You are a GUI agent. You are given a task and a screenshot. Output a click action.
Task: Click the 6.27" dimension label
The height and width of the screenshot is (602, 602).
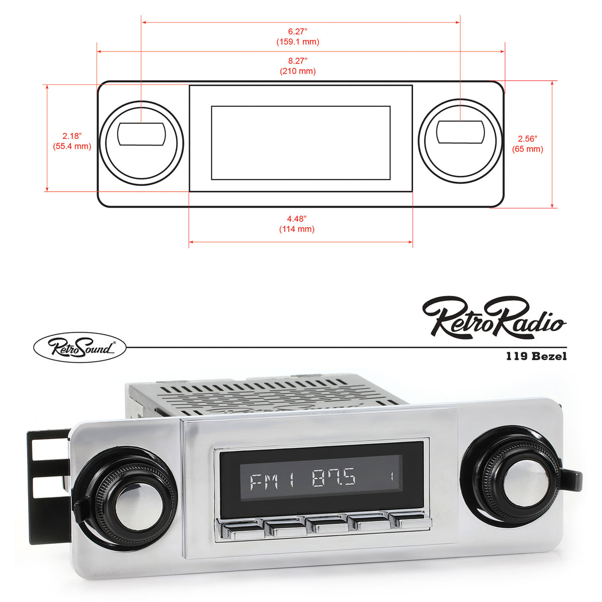coord(297,31)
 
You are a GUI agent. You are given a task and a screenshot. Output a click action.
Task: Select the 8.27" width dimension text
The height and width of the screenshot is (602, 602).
coord(297,61)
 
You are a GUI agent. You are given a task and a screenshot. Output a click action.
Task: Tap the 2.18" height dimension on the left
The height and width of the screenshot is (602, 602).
coord(72,136)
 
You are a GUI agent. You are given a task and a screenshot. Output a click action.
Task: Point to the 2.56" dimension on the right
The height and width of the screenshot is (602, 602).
coord(527,138)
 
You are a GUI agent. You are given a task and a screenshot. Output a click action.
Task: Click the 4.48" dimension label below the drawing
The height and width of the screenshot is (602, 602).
coord(296,219)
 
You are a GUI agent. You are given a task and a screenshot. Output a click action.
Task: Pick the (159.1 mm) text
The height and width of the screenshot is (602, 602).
coord(297,42)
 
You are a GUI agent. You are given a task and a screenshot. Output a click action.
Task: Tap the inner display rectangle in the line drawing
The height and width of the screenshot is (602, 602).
coord(300,142)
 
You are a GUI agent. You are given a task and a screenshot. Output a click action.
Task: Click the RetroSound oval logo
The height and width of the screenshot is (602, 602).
coord(79,347)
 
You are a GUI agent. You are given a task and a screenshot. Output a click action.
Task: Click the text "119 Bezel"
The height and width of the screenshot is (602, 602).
coord(536,356)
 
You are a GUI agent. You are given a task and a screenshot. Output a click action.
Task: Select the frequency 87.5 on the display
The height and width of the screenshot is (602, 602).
coord(334,477)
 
